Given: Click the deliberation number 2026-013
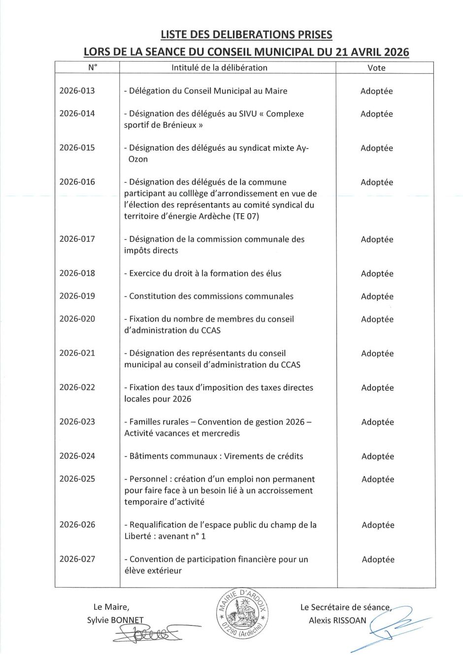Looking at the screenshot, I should point(77,91).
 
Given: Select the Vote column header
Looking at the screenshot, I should point(376,68).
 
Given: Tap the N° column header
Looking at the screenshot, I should point(93,67).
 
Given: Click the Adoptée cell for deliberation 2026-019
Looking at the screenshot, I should point(377,296).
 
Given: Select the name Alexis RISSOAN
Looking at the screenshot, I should point(337,620).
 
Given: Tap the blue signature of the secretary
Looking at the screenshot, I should point(394,628).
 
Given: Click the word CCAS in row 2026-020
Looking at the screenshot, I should point(211,330).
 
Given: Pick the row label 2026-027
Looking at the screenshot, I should point(77,559).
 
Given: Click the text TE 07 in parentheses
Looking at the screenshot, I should point(246,216).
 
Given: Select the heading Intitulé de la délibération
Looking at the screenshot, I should point(219,67).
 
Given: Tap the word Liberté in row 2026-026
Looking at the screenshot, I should point(137,536).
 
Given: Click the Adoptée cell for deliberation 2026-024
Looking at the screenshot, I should point(377,457).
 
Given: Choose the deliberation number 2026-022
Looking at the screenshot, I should point(77,388).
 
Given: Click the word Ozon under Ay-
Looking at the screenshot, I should point(138,159).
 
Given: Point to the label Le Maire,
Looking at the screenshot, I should point(111,607).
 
